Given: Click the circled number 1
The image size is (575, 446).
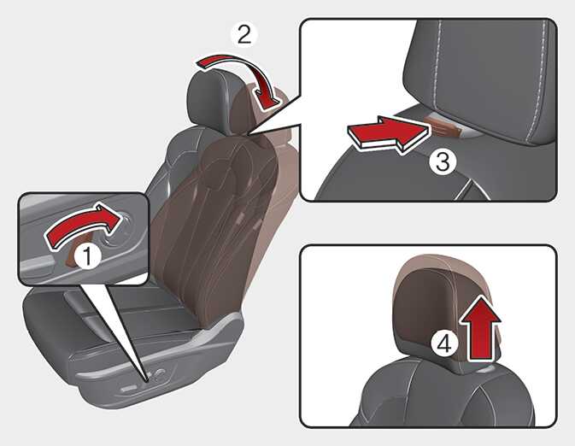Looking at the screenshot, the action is tap(88, 256).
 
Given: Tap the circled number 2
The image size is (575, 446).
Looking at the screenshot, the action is tap(244, 35).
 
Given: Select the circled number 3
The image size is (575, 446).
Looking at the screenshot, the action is tap(443, 161).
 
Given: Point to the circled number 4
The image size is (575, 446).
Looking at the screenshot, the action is tap(444, 344).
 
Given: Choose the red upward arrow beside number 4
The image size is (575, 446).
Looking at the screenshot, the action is tap(480, 329).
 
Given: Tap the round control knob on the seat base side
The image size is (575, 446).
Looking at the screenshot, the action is tap(159, 373).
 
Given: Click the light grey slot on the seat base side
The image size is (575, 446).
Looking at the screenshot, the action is tap(128, 389).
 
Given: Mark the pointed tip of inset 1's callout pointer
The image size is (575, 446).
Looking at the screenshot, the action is tap(147, 382).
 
